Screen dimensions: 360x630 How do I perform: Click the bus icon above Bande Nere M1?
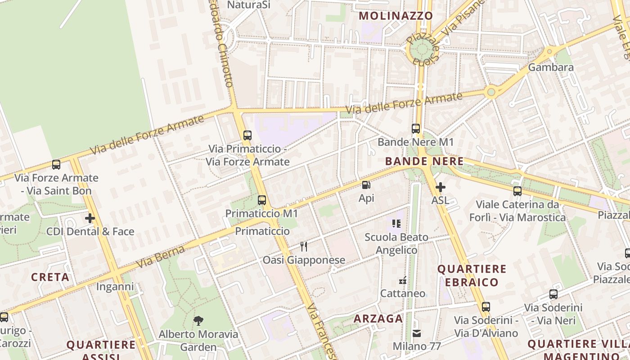pos(416,129)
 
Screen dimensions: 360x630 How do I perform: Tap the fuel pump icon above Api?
pos(366,185)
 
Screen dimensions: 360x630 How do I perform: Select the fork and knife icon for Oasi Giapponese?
pos(304,247)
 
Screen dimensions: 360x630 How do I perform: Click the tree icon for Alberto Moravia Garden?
pos(198,321)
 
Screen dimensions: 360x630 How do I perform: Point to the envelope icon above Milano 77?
pos(417,333)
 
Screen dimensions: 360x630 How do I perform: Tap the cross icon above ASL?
pos(441,187)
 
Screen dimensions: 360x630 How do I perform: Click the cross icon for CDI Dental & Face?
pos(90,219)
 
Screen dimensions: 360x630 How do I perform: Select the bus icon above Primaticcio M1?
pos(262,200)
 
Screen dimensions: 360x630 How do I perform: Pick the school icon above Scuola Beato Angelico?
pos(396,224)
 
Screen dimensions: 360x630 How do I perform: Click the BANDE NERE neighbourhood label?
pos(424,161)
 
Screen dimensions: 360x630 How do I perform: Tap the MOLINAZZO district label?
pos(396,16)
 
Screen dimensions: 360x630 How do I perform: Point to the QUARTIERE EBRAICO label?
pos(472,275)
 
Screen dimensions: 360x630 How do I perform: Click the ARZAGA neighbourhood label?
pos(378,319)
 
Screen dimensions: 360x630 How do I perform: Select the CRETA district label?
pos(50,277)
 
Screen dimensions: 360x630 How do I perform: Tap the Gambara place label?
pos(551,67)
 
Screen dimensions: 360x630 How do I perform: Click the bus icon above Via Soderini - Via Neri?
pos(553,295)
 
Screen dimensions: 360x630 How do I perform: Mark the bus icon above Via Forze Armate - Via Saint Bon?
pos(56,165)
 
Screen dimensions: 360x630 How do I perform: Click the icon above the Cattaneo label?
pos(403,280)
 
